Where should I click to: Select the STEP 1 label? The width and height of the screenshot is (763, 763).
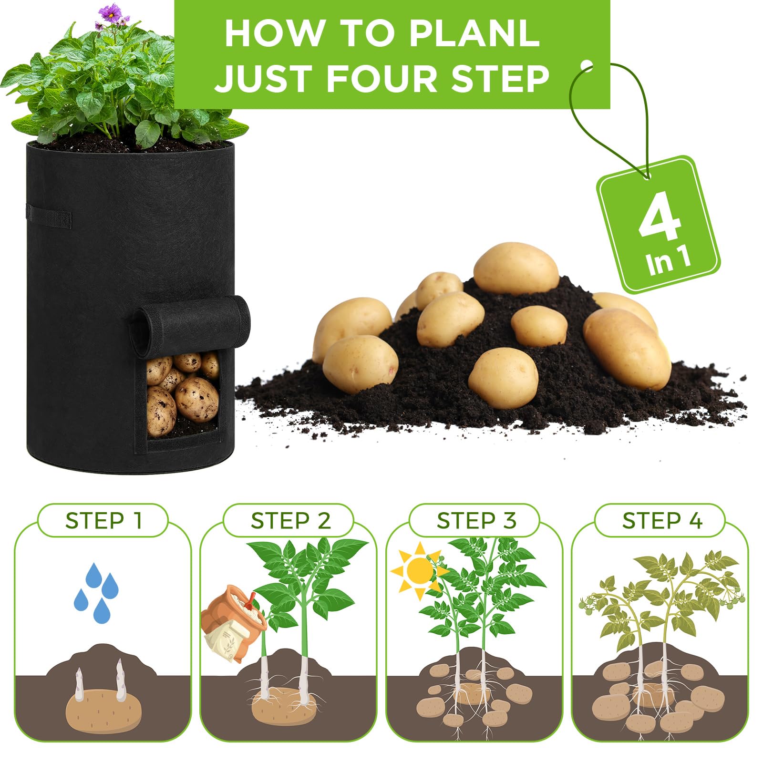pos(103,520)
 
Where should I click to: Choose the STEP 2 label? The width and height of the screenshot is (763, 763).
pos(290,520)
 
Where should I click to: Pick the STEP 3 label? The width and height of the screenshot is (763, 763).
pos(476,520)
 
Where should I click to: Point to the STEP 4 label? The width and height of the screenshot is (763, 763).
pos(662,520)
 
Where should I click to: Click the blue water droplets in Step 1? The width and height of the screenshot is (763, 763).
pos(95,593)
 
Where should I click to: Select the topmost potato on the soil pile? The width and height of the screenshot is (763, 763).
pos(516,268)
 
